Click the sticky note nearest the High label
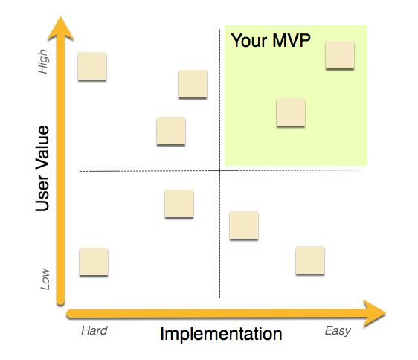[92, 66]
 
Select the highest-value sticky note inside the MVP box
[339, 55]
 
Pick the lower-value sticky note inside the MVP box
[291, 112]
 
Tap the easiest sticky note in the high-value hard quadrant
[193, 84]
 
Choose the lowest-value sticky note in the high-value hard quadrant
[171, 131]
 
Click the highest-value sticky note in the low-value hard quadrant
[179, 204]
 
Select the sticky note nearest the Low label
[94, 262]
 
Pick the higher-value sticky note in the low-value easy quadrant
[244, 225]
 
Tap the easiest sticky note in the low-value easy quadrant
[310, 260]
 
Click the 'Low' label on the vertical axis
[45, 279]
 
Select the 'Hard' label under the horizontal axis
[94, 330]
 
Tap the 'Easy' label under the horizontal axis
[338, 330]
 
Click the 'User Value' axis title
[42, 169]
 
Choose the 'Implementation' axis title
[221, 334]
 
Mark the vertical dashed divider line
[220, 223]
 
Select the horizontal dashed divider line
[149, 171]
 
